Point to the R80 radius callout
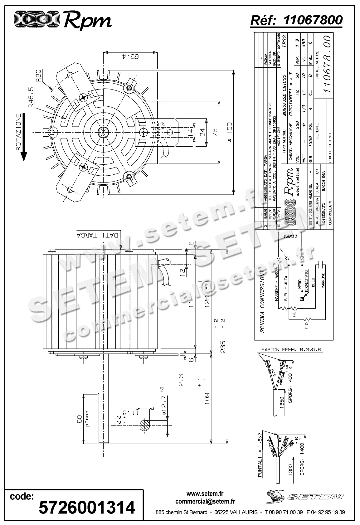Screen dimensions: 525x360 [x=39, y=75]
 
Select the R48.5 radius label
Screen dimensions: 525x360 [x=32, y=98]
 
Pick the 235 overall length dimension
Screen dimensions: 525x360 [x=223, y=346]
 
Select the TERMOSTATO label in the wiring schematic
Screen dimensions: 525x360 [x=306, y=281]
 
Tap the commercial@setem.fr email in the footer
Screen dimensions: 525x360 [x=205, y=502]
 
